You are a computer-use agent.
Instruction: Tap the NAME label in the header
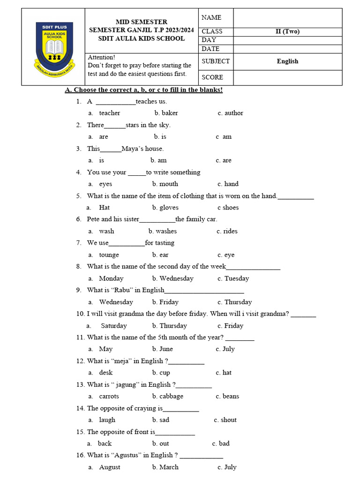[211, 17]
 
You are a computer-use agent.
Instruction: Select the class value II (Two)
[287, 31]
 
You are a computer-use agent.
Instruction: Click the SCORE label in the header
[212, 77]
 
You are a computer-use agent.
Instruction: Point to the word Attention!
[101, 57]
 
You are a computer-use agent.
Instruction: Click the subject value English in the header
[287, 61]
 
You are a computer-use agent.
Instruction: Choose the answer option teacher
[110, 113]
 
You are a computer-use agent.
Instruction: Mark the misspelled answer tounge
[109, 255]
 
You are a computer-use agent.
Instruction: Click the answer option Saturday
[114, 326]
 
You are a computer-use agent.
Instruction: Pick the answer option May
[106, 349]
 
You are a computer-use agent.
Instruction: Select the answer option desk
[106, 373]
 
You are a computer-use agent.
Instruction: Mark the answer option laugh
[107, 420]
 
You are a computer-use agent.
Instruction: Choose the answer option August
[110, 467]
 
